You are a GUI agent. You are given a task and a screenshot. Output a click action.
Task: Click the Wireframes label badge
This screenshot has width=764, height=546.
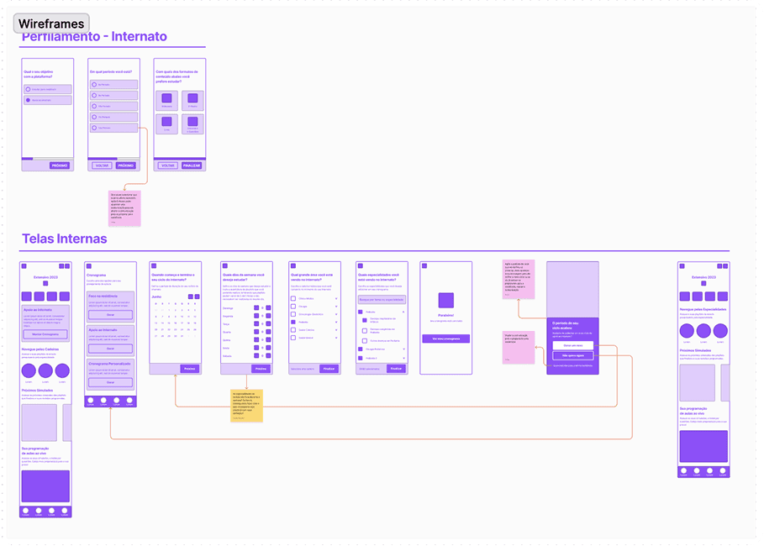(51, 24)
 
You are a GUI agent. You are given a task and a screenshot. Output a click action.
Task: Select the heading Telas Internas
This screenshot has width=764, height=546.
(65, 239)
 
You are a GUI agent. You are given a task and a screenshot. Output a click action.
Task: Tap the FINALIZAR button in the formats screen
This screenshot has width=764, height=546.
(192, 165)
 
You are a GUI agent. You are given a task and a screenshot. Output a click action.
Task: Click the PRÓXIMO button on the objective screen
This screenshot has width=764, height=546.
(60, 165)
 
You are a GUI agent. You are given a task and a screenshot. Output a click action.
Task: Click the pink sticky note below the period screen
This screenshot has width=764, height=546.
(124, 207)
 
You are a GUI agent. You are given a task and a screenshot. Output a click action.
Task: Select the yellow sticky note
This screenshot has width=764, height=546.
(246, 405)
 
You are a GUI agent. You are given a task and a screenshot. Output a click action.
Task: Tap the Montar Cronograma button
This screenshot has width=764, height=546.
(45, 333)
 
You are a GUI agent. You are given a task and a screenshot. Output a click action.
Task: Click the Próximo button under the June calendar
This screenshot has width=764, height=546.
(189, 368)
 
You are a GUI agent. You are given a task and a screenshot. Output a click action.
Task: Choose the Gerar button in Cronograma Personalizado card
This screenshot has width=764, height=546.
(110, 382)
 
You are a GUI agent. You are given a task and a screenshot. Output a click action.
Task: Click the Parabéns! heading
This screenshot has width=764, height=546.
(445, 316)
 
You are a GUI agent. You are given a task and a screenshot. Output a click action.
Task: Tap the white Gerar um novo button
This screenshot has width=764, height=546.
(573, 345)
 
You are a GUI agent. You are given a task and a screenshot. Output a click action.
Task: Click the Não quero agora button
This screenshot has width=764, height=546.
(573, 355)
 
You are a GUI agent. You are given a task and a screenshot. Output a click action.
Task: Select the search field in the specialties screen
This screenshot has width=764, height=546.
(382, 299)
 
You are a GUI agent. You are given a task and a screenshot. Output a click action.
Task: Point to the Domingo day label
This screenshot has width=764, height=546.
(228, 308)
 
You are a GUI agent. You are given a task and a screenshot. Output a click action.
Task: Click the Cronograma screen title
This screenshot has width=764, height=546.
(97, 274)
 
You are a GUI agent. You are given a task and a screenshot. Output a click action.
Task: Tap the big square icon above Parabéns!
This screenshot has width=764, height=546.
(445, 299)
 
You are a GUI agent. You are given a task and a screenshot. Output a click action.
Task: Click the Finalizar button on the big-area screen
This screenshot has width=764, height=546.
(329, 368)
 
